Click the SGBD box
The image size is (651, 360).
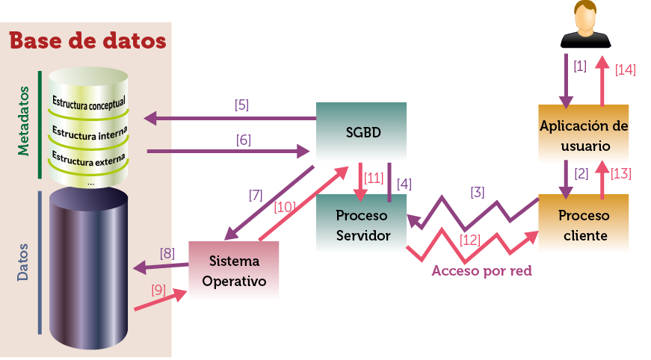pyautogui.click(x=362, y=132)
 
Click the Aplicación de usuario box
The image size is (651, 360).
pyautogui.click(x=584, y=135)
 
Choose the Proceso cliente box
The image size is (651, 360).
pyautogui.click(x=584, y=225)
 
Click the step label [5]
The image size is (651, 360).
pyautogui.click(x=241, y=105)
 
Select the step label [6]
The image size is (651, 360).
pyautogui.click(x=242, y=140)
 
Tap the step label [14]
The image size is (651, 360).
pyautogui.click(x=625, y=69)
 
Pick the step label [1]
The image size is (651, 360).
pyautogui.click(x=579, y=66)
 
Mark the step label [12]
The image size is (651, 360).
pyautogui.click(x=470, y=240)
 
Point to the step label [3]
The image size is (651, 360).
pyautogui.click(x=477, y=193)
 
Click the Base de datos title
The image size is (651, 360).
pyautogui.click(x=87, y=40)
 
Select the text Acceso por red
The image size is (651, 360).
pyautogui.click(x=481, y=271)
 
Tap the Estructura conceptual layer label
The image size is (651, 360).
pyautogui.click(x=89, y=101)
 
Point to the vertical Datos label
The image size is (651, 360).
pyautogui.click(x=23, y=261)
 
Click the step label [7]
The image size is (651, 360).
pyautogui.click(x=256, y=196)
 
